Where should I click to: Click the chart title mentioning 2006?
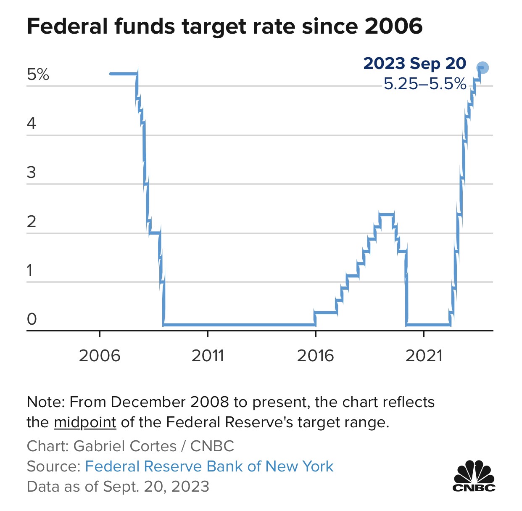224,26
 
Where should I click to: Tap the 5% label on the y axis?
38,74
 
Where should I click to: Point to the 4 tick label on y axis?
32,124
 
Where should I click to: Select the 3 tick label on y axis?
32,172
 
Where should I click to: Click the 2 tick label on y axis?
32,222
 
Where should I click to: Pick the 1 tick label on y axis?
30,270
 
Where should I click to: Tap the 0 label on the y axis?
32,319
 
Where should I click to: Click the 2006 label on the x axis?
100,356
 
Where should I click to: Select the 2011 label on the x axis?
208,356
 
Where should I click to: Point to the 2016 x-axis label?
315,356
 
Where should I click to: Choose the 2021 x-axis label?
424,356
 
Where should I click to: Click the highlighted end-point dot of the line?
482,67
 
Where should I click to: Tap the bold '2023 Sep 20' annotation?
414,64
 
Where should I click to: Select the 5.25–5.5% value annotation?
424,84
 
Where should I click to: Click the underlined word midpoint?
85,422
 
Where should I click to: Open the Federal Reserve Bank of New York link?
209,466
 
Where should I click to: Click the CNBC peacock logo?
474,476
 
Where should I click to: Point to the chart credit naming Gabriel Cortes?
130,446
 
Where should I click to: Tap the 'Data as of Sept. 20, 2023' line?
118,487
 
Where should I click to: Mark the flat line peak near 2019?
386,214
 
